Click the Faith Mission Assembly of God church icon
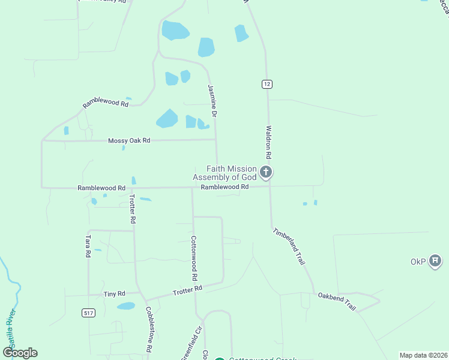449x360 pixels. click(266, 173)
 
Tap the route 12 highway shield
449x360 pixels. click(267, 84)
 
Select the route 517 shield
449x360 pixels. click(88, 313)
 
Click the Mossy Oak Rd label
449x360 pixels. click(128, 140)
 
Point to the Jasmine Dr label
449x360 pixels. click(211, 100)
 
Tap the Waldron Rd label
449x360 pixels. click(269, 142)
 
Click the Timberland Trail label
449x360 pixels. click(289, 247)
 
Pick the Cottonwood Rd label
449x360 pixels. click(194, 258)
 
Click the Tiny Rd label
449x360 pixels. click(114, 294)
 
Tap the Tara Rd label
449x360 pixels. click(88, 246)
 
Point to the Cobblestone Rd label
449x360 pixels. click(149, 329)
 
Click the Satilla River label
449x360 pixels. click(9, 327)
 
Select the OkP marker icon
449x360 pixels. click(436, 262)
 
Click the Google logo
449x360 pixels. click(20, 352)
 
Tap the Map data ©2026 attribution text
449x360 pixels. click(423, 355)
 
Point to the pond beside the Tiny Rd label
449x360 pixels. click(126, 306)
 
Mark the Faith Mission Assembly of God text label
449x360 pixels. click(224, 173)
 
